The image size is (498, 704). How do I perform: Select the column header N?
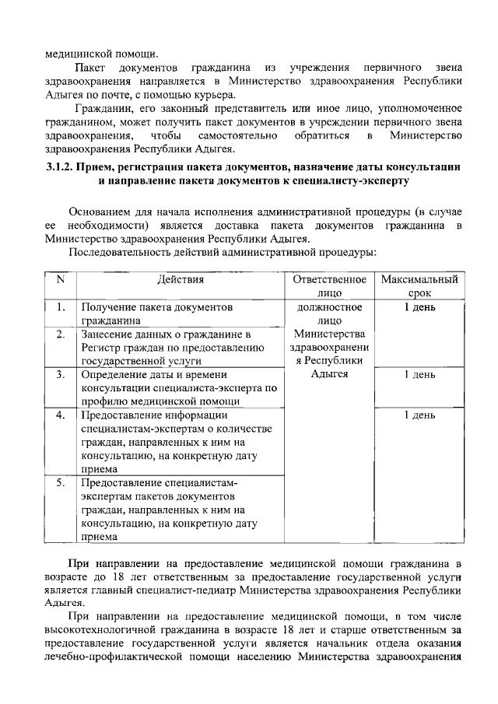click(x=60, y=280)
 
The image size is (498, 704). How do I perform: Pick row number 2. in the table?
click(x=60, y=334)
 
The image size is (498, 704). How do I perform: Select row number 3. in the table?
click(x=60, y=375)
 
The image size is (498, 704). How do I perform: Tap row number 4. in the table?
click(x=60, y=415)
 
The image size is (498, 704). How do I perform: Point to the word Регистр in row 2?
click(x=99, y=348)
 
